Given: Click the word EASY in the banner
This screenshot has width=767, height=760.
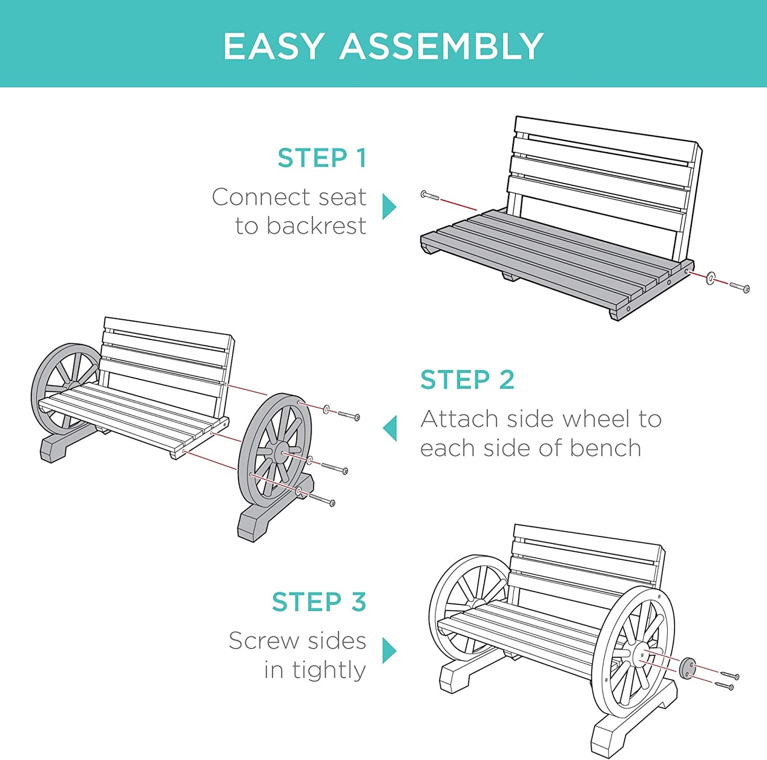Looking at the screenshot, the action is [273, 46].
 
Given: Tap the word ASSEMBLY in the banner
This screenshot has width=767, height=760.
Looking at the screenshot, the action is [442, 46].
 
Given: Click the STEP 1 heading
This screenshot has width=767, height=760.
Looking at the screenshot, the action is [322, 158].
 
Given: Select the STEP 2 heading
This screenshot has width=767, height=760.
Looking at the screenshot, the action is [467, 380].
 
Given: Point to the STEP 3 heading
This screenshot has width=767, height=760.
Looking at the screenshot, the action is [319, 601].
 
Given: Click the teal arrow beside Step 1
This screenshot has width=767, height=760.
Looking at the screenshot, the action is [389, 206].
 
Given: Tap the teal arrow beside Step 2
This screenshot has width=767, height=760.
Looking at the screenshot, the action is [390, 428].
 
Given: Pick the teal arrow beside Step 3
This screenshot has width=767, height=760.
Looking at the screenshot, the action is [389, 651].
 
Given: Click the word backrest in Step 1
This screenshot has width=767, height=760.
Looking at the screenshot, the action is [316, 226].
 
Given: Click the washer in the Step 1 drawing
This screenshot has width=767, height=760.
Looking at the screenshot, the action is [710, 278].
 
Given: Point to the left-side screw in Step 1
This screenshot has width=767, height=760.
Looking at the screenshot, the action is [430, 195].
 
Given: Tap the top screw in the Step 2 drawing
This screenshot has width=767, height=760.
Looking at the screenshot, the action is [349, 416].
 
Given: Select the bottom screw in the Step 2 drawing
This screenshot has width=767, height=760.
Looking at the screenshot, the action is [322, 499].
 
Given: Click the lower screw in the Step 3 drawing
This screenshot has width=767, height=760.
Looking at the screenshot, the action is [724, 686].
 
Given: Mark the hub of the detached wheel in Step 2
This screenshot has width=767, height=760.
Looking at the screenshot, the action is [283, 453].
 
